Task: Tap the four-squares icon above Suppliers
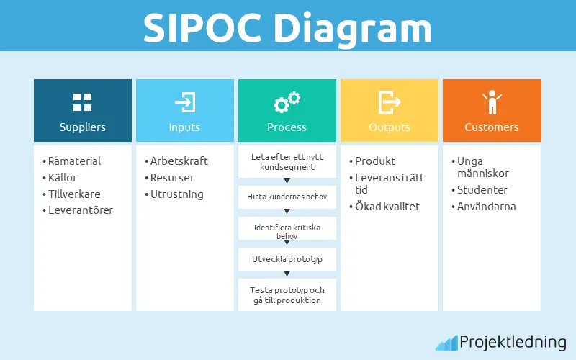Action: pyautogui.click(x=83, y=102)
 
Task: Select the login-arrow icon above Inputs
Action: pyautogui.click(x=185, y=102)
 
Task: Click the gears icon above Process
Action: pyautogui.click(x=287, y=102)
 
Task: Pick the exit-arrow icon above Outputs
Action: pyautogui.click(x=389, y=102)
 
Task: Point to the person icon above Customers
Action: pyautogui.click(x=492, y=102)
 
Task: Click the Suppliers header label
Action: pyautogui.click(x=83, y=127)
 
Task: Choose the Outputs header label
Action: pyautogui.click(x=390, y=127)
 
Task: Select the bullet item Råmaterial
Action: pyautogui.click(x=74, y=161)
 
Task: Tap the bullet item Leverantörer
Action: pyautogui.click(x=81, y=210)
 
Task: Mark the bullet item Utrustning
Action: pyautogui.click(x=176, y=194)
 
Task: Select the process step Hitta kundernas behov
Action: pyautogui.click(x=287, y=197)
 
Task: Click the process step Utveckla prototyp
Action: pyautogui.click(x=287, y=258)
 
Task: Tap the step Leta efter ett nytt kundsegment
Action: pyautogui.click(x=287, y=162)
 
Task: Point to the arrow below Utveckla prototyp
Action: pyautogui.click(x=287, y=274)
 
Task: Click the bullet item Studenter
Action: pyautogui.click(x=482, y=190)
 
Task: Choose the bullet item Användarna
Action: pyautogui.click(x=487, y=207)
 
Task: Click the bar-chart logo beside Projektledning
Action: pyautogui.click(x=446, y=343)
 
